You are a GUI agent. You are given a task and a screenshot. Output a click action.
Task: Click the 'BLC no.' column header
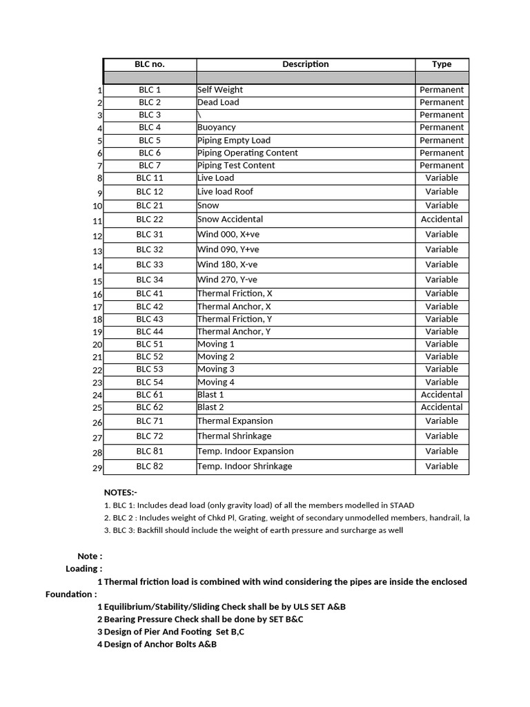click(x=149, y=64)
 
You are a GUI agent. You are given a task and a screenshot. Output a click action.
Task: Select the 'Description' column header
click(x=305, y=64)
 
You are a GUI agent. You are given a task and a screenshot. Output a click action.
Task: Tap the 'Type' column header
click(x=442, y=64)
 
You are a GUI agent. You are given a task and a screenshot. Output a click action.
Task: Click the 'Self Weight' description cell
click(x=220, y=90)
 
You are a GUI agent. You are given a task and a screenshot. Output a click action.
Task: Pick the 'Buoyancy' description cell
click(x=216, y=127)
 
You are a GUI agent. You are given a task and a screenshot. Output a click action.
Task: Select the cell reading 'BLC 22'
click(x=149, y=219)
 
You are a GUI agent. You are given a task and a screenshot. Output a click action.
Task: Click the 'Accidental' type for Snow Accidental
click(x=442, y=219)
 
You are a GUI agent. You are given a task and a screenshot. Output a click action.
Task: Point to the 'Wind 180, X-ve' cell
click(x=228, y=264)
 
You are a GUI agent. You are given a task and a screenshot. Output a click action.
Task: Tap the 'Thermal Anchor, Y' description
click(x=234, y=331)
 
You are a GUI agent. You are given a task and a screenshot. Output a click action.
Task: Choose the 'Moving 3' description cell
click(x=216, y=369)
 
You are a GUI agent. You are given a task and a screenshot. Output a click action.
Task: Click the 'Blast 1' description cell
click(x=210, y=394)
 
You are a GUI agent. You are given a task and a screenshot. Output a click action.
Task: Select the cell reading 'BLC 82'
click(x=149, y=466)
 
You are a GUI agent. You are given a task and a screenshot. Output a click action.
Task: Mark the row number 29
click(x=97, y=468)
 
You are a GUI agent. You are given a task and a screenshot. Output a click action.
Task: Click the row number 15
click(x=97, y=282)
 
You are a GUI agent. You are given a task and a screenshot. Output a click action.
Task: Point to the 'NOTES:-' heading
click(x=121, y=492)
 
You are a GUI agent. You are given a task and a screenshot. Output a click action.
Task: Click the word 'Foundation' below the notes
click(x=71, y=594)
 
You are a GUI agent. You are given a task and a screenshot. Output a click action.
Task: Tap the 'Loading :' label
click(x=84, y=569)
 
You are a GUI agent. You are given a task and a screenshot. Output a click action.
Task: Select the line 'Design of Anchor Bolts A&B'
click(x=160, y=644)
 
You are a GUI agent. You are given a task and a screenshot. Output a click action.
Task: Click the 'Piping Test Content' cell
click(x=236, y=165)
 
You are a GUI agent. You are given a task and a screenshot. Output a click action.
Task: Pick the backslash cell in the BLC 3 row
click(x=199, y=115)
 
